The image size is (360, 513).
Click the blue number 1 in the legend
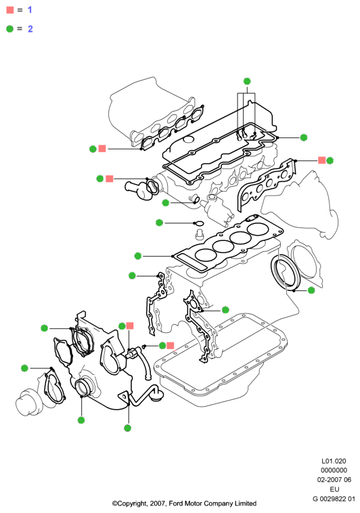[30, 10]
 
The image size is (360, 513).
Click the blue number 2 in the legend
[30, 29]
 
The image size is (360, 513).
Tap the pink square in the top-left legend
[10, 10]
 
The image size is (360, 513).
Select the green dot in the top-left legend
[10, 29]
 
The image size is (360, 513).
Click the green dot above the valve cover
[247, 81]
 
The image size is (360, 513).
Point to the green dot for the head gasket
[138, 256]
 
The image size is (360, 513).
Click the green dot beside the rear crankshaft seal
[311, 290]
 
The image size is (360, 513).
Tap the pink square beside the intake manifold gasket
[102, 148]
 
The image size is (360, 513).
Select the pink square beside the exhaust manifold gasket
[321, 160]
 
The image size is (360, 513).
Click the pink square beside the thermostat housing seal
[110, 179]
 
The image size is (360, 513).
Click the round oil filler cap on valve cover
[189, 139]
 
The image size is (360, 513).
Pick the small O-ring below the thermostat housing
[199, 223]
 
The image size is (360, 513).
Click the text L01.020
[334, 461]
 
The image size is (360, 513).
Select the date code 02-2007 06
[334, 480]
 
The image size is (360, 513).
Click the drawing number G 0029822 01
[334, 499]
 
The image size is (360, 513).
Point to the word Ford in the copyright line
[176, 503]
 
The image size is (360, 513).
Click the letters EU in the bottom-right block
[334, 489]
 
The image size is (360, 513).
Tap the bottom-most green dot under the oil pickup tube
[128, 428]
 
